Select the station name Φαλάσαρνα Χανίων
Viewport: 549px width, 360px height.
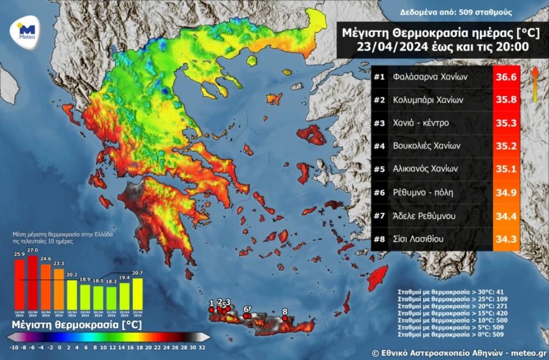(430, 77)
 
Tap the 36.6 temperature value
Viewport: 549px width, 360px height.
(506, 77)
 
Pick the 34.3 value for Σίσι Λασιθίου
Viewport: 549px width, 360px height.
(506, 239)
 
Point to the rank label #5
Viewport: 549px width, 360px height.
(379, 170)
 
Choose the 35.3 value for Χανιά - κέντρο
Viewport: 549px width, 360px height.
(506, 123)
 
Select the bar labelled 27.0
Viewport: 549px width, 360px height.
(32, 282)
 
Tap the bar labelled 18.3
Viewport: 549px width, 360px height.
(111, 297)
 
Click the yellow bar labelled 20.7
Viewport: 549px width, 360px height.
(138, 293)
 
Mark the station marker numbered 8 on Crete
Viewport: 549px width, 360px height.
(285, 318)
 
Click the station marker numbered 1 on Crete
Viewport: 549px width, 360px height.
(211, 310)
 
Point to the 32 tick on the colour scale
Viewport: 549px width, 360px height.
(201, 347)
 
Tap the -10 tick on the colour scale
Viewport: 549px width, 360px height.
(13, 347)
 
